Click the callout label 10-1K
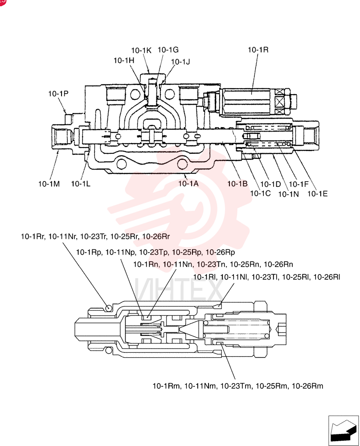[141, 50]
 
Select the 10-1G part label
[168, 50]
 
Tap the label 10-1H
[124, 60]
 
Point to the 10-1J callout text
[180, 62]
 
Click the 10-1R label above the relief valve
[258, 50]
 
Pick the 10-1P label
[58, 94]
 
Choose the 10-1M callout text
[49, 184]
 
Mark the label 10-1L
[81, 184]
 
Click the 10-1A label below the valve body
[188, 183]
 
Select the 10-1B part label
[237, 184]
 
